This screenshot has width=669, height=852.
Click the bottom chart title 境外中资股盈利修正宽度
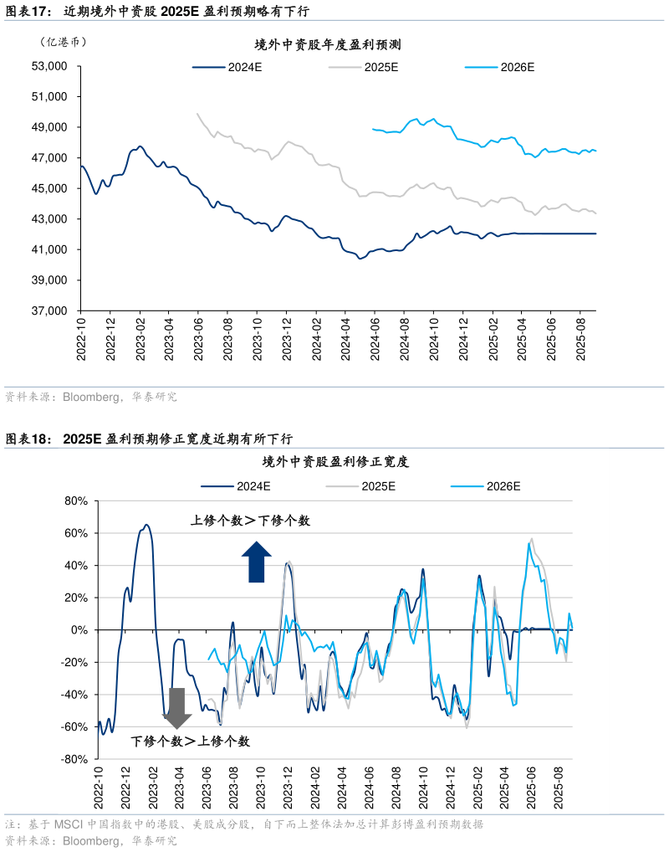[x=334, y=462]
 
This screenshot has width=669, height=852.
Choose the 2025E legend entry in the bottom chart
[x=360, y=485]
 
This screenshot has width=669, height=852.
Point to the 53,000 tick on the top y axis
[x=49, y=66]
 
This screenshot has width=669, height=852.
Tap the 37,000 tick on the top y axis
[x=49, y=311]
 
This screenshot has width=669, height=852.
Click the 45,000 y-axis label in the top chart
[x=49, y=188]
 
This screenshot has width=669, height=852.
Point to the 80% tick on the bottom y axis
[x=76, y=501]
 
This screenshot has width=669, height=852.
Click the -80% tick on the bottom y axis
[x=74, y=759]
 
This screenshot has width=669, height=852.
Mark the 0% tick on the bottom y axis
[x=79, y=630]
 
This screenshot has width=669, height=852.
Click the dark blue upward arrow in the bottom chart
[x=257, y=562]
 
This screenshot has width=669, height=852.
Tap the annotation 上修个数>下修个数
[x=251, y=521]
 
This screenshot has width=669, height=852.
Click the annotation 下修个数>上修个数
[x=190, y=742]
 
